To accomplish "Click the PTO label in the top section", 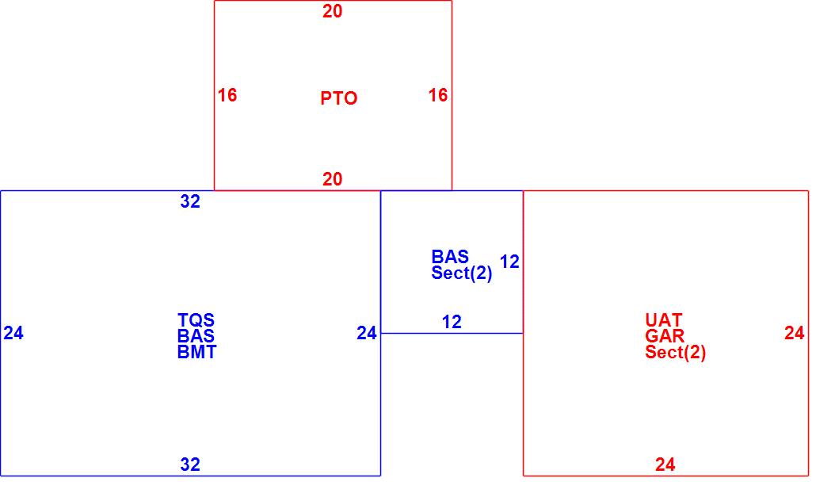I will pos(338,98).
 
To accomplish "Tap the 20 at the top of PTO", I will pos(333,11).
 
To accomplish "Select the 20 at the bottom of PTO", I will pos(333,179).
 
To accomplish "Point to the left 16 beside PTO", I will pos(227,95).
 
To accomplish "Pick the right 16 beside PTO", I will pos(438,95).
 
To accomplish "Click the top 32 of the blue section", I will pos(190,201).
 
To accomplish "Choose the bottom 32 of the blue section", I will pos(190,465).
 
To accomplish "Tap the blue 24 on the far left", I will pos(13,333).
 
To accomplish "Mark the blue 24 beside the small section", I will pos(367,333).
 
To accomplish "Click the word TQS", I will pos(196,320).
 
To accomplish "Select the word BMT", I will pos(196,353).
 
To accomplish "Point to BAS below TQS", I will pos(196,336).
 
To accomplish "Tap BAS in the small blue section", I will pos(450,257).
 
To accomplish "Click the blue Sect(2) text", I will pos(462,273).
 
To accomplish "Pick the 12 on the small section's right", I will pos(510,262).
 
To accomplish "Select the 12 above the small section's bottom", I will pos(452,322).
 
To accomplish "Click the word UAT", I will pos(664,320).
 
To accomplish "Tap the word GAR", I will pos(665,336).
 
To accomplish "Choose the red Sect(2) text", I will pos(675,353).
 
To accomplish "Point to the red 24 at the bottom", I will pos(665,465).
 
